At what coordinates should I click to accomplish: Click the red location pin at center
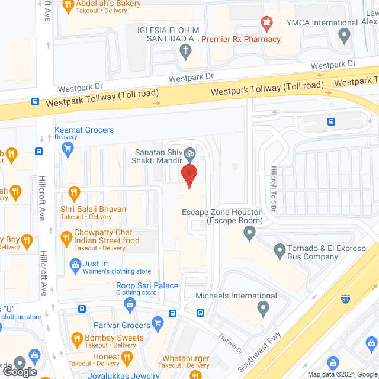coord(189,176)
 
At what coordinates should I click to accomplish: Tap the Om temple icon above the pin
coord(189,153)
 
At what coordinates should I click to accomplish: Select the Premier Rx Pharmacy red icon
coord(267,24)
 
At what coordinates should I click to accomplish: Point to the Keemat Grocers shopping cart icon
coord(68,148)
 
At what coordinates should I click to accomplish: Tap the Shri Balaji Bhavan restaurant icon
coord(73,192)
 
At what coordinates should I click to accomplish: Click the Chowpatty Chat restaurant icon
coord(66,238)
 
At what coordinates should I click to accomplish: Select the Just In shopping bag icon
coord(75,264)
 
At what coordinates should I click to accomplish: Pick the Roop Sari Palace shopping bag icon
coord(130,304)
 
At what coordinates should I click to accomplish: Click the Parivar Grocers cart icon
coord(158,322)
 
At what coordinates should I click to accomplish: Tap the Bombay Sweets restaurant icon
coord(76,339)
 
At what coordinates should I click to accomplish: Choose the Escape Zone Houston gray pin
coord(250,235)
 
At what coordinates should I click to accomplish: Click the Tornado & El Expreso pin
coord(280,251)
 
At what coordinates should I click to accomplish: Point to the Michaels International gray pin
coord(264,308)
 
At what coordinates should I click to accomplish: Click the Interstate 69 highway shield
coord(345,299)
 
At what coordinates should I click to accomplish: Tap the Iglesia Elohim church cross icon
coord(185,51)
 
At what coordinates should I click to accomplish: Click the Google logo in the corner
coord(19,371)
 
